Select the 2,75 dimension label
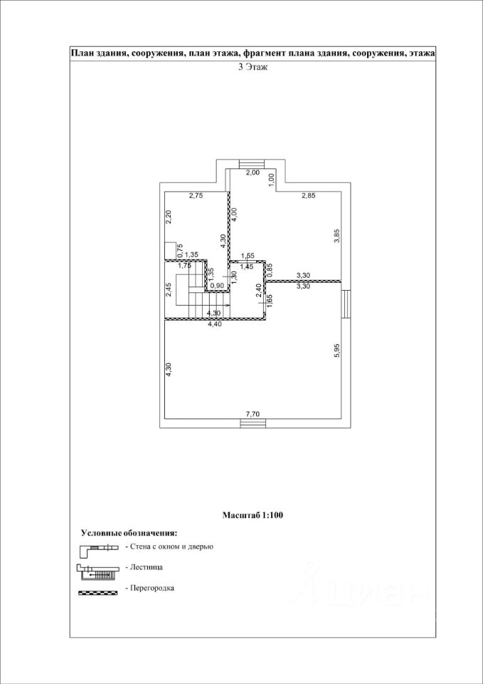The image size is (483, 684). pyautogui.click(x=196, y=195)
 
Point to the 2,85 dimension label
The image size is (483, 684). pyautogui.click(x=307, y=195)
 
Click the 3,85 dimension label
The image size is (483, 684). pyautogui.click(x=336, y=236)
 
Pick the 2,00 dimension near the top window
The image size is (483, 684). pyautogui.click(x=253, y=173)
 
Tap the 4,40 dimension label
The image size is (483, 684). pyautogui.click(x=213, y=324)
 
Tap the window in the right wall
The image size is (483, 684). pyautogui.click(x=344, y=300)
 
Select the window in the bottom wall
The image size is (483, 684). pyautogui.click(x=252, y=423)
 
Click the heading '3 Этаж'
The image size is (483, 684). pyautogui.click(x=252, y=68)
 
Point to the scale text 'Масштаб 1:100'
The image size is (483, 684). pyautogui.click(x=253, y=514)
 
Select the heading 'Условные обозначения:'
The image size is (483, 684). pyautogui.click(x=129, y=532)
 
